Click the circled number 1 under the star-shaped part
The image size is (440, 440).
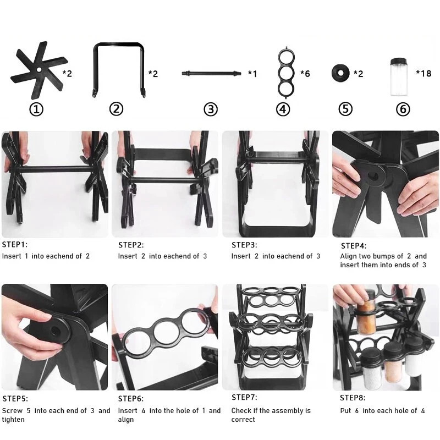(36, 109)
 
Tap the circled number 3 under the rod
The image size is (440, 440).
(211, 109)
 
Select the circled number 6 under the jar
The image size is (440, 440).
(403, 109)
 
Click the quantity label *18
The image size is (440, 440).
(424, 73)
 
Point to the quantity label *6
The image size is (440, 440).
(305, 74)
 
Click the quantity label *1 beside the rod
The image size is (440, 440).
(252, 74)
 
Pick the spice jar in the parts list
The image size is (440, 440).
(399, 77)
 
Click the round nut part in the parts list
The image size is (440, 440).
(340, 73)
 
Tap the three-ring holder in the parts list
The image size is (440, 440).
(286, 73)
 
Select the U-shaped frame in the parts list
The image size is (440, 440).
(118, 45)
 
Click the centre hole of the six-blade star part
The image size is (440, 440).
(38, 69)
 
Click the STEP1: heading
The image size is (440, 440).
(15, 244)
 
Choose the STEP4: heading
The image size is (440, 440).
(354, 246)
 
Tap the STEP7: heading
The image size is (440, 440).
(244, 397)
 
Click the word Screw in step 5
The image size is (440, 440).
(12, 410)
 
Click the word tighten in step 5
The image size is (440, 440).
(13, 420)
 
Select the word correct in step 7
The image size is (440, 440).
(243, 420)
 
